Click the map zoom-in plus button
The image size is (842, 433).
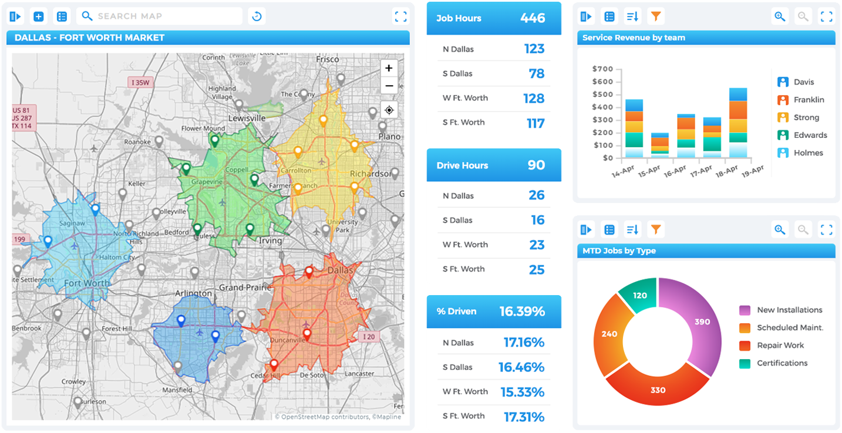pyautogui.click(x=389, y=69)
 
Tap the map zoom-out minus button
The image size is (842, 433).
pyautogui.click(x=389, y=86)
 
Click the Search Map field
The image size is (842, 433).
pyautogui.click(x=160, y=16)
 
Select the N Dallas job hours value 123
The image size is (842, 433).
pyautogui.click(x=534, y=49)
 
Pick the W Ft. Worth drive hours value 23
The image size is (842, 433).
pyautogui.click(x=537, y=245)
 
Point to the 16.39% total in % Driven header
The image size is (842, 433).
pyautogui.click(x=522, y=312)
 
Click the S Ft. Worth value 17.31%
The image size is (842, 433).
pyautogui.click(x=524, y=417)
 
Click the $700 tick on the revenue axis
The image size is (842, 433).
pyautogui.click(x=602, y=69)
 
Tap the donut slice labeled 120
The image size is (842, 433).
pyautogui.click(x=639, y=295)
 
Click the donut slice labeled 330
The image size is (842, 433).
pyautogui.click(x=658, y=390)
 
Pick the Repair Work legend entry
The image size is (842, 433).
pyautogui.click(x=780, y=346)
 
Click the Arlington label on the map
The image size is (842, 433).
pyautogui.click(x=193, y=293)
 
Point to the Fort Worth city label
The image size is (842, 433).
pyautogui.click(x=87, y=283)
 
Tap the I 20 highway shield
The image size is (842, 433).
pyautogui.click(x=368, y=337)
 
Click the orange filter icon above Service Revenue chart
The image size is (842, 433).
pyautogui.click(x=656, y=16)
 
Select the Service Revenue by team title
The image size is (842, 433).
pyautogui.click(x=634, y=38)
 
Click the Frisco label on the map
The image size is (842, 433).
pyautogui.click(x=327, y=59)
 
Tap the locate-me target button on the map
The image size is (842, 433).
pyautogui.click(x=389, y=110)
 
